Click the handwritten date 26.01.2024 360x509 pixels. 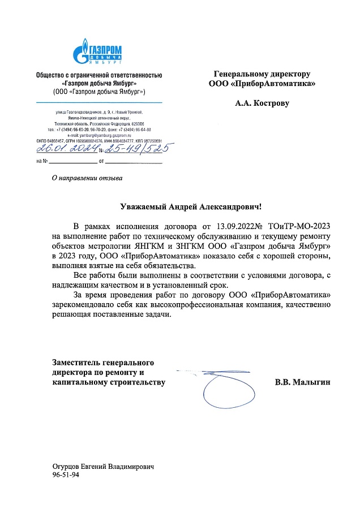click(66, 149)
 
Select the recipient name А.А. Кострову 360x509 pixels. click(262, 103)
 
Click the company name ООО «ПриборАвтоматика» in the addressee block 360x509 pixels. click(262, 84)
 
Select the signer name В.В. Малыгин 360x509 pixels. click(302, 382)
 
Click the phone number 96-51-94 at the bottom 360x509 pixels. click(66, 475)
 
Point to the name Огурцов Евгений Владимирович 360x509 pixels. click(103, 466)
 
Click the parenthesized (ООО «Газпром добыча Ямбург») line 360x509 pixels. click(99, 91)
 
